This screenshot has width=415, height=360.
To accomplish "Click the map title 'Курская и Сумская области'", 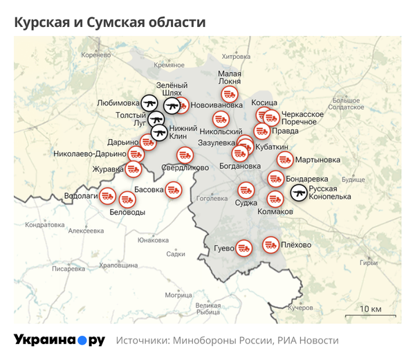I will click(110, 22).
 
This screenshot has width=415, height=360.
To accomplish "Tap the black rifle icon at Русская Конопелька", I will click(299, 192).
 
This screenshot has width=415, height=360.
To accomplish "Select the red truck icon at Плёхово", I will click(270, 244).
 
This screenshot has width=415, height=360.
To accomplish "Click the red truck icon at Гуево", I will click(243, 247).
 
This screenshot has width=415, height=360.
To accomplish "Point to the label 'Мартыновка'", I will click(317, 160).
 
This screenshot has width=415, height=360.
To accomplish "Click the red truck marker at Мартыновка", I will click(284, 160).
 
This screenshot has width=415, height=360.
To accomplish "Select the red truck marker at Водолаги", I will click(108, 196).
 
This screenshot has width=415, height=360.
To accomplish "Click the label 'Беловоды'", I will click(127, 213).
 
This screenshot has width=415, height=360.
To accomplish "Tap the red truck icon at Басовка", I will click(173, 188).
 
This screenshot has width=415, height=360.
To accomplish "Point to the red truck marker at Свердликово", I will click(185, 154).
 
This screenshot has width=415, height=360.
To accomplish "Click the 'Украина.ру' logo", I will click(59, 340).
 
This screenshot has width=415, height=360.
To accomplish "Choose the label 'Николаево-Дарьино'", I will click(90, 154).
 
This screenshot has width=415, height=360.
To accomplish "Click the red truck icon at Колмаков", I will click(275, 199).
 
